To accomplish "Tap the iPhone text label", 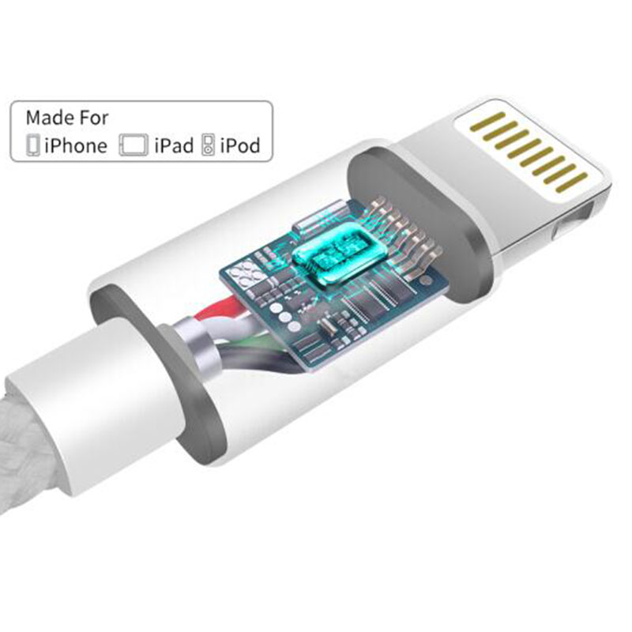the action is point(76,145).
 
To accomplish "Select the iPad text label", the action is point(174,145).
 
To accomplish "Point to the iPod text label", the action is point(240,145).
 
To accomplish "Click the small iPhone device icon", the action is point(33,145).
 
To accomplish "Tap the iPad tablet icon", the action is point(134,145).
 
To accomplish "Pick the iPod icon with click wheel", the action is point(208,145).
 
